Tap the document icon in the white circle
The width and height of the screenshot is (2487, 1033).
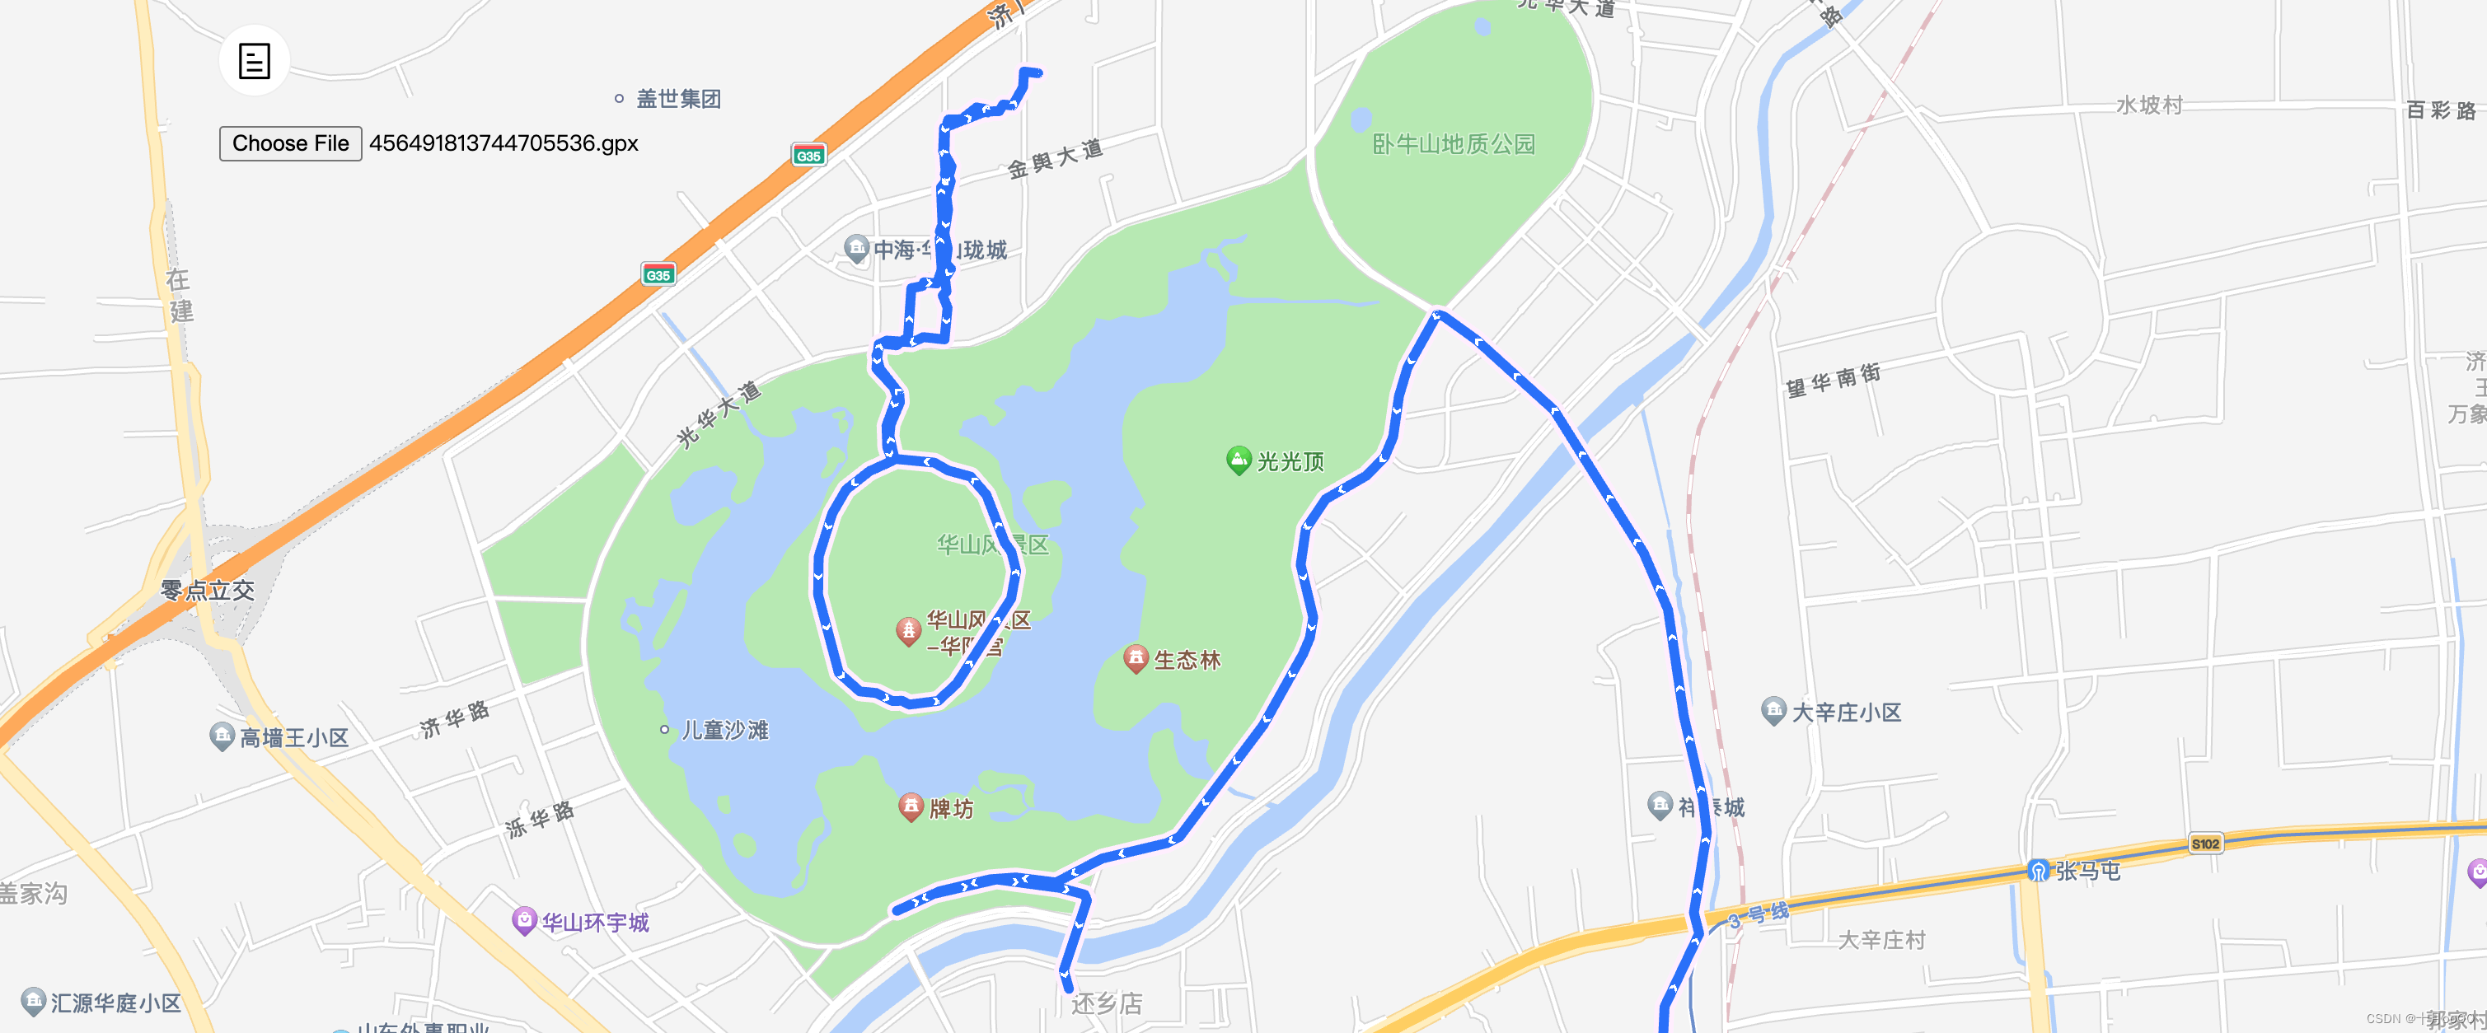click(x=254, y=61)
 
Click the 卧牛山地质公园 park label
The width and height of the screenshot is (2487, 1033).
click(x=1453, y=145)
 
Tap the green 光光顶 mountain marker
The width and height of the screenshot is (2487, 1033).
click(x=1238, y=460)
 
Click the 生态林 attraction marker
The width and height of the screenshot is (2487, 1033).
click(x=1136, y=658)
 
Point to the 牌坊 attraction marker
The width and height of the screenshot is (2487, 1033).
click(x=911, y=806)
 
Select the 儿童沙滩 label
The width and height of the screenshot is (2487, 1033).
click(x=724, y=730)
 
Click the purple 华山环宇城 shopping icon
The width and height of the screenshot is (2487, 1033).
click(x=523, y=920)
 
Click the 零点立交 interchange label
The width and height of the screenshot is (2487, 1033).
click(x=208, y=590)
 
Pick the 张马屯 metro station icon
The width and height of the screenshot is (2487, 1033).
click(x=2037, y=871)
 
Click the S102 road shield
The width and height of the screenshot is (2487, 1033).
click(x=2205, y=844)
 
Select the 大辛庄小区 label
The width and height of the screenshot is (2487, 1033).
click(x=1846, y=713)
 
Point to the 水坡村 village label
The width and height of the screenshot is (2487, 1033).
click(x=2149, y=105)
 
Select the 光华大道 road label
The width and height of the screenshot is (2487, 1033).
click(x=719, y=414)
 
